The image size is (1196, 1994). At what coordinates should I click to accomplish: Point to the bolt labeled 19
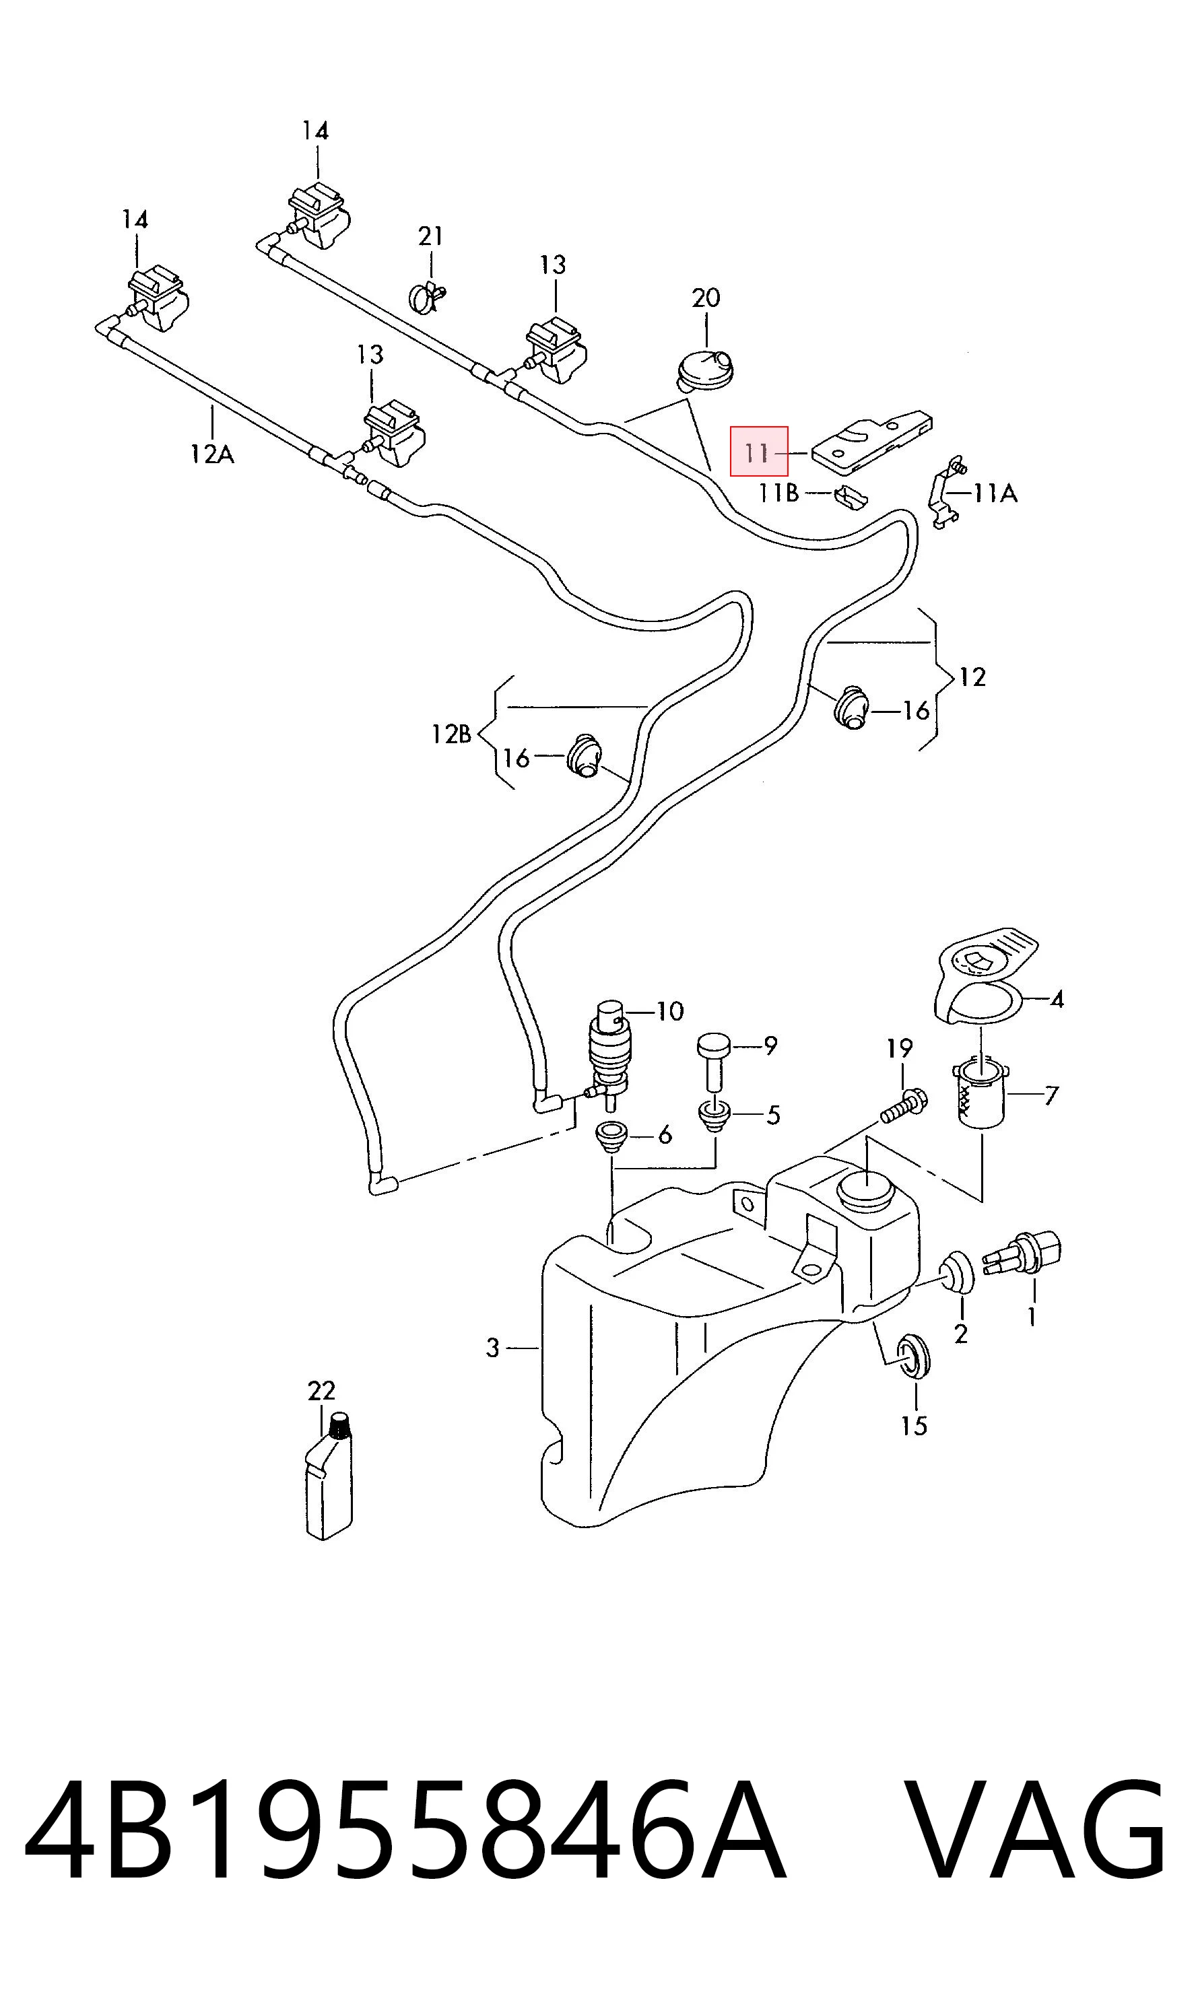[x=904, y=1105]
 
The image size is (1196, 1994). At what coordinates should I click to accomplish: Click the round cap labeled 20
[x=704, y=370]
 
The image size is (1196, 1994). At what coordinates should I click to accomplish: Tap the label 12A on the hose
[x=212, y=454]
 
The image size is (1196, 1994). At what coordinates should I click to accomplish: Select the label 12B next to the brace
[x=451, y=734]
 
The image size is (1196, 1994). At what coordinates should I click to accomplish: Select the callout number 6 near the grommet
[x=665, y=1135]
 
